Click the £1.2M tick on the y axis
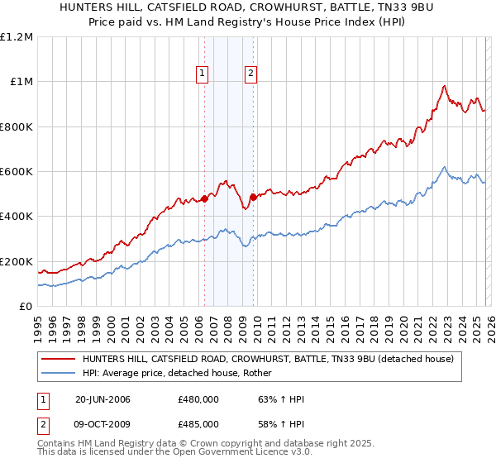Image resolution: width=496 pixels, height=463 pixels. pos(17,37)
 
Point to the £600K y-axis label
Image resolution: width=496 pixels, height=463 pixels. pos(17,172)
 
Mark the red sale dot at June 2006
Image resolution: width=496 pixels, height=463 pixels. pos(205,198)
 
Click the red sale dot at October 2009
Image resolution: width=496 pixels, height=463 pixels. pos(253,197)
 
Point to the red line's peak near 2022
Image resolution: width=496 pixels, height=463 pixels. pos(445,85)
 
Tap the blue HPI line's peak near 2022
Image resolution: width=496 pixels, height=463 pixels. pos(444,167)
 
